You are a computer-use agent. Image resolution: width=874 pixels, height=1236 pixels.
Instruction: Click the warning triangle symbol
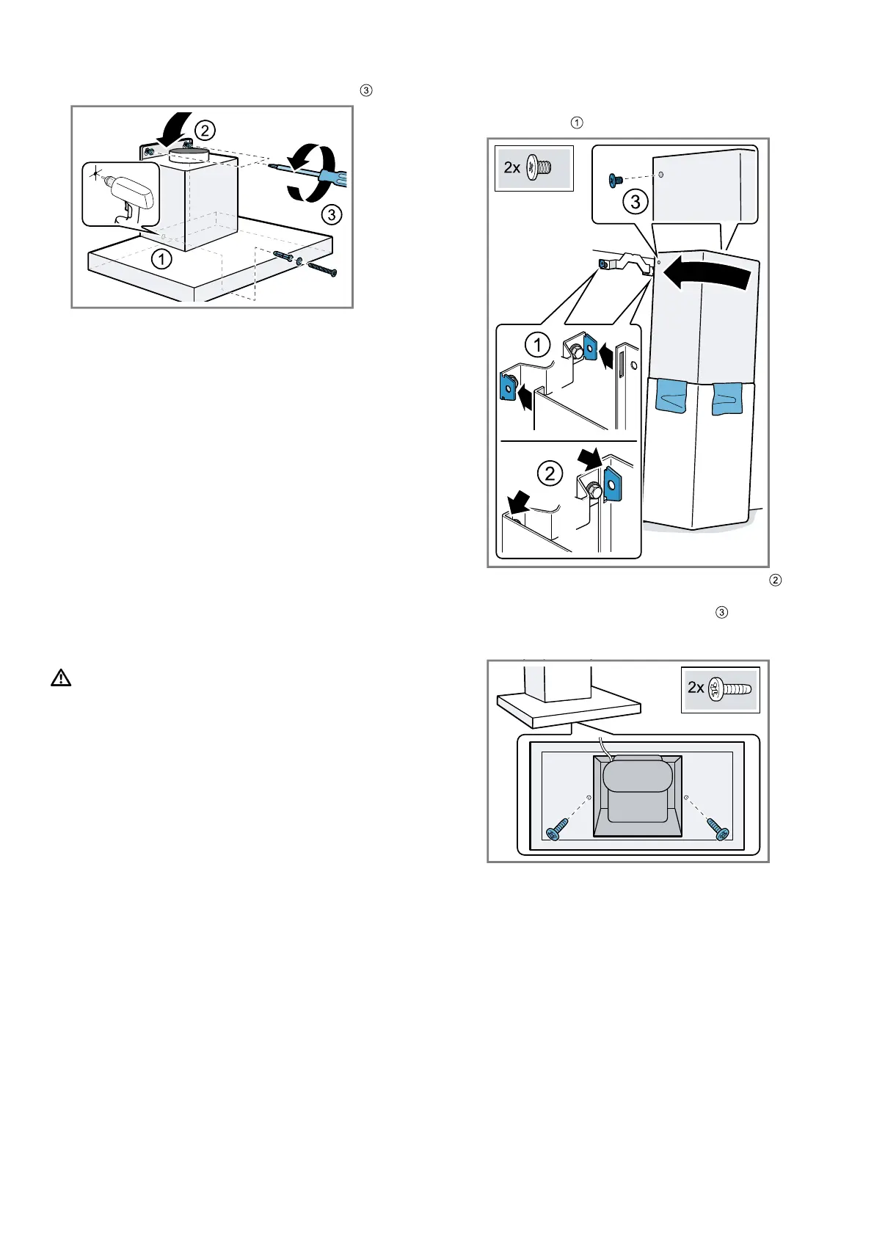(61, 678)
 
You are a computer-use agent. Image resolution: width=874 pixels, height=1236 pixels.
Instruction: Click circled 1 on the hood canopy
(161, 259)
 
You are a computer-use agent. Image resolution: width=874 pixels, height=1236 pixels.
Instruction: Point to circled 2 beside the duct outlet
(204, 131)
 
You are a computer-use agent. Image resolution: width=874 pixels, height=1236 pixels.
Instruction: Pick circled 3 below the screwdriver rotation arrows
(332, 214)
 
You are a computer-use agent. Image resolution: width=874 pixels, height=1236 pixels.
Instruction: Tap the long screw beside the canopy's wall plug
(321, 270)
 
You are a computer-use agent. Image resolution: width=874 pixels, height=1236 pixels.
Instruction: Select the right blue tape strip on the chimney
(727, 397)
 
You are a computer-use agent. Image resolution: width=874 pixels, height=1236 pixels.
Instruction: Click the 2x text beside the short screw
(511, 168)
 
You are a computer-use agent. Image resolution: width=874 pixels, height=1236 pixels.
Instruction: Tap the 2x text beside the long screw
(696, 688)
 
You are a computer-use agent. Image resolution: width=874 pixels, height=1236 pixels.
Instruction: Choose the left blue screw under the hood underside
(557, 827)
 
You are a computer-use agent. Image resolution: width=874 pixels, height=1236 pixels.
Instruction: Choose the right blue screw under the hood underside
(717, 827)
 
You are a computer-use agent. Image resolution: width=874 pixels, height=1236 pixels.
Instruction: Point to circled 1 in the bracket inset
(538, 345)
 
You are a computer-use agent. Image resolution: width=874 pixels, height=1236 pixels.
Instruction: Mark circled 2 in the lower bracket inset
(550, 473)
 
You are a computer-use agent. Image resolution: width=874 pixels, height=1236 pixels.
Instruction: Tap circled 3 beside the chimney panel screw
(636, 202)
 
